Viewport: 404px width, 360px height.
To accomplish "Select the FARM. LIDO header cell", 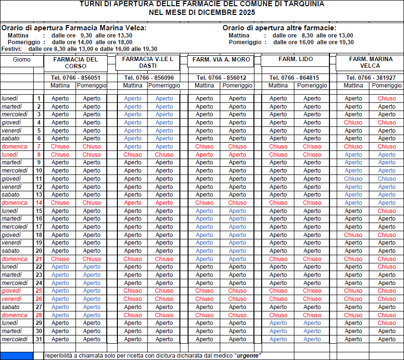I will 295,59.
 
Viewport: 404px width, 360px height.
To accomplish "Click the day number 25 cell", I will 39,291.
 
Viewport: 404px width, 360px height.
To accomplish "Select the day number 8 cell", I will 39,155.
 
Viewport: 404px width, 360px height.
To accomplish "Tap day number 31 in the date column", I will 39,339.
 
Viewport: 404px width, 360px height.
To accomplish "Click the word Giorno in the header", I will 22,60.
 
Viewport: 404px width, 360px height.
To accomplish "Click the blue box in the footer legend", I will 17,356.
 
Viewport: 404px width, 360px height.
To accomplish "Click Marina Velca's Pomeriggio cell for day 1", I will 387,99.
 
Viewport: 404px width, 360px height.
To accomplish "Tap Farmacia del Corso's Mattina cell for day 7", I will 60,147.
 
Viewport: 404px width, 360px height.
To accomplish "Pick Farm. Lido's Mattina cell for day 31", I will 278,339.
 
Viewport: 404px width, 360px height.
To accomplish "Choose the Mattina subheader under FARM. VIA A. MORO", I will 204,86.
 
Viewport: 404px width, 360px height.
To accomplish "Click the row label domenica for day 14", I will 14,203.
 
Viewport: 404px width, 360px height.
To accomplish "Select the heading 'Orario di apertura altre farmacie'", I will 279,28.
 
